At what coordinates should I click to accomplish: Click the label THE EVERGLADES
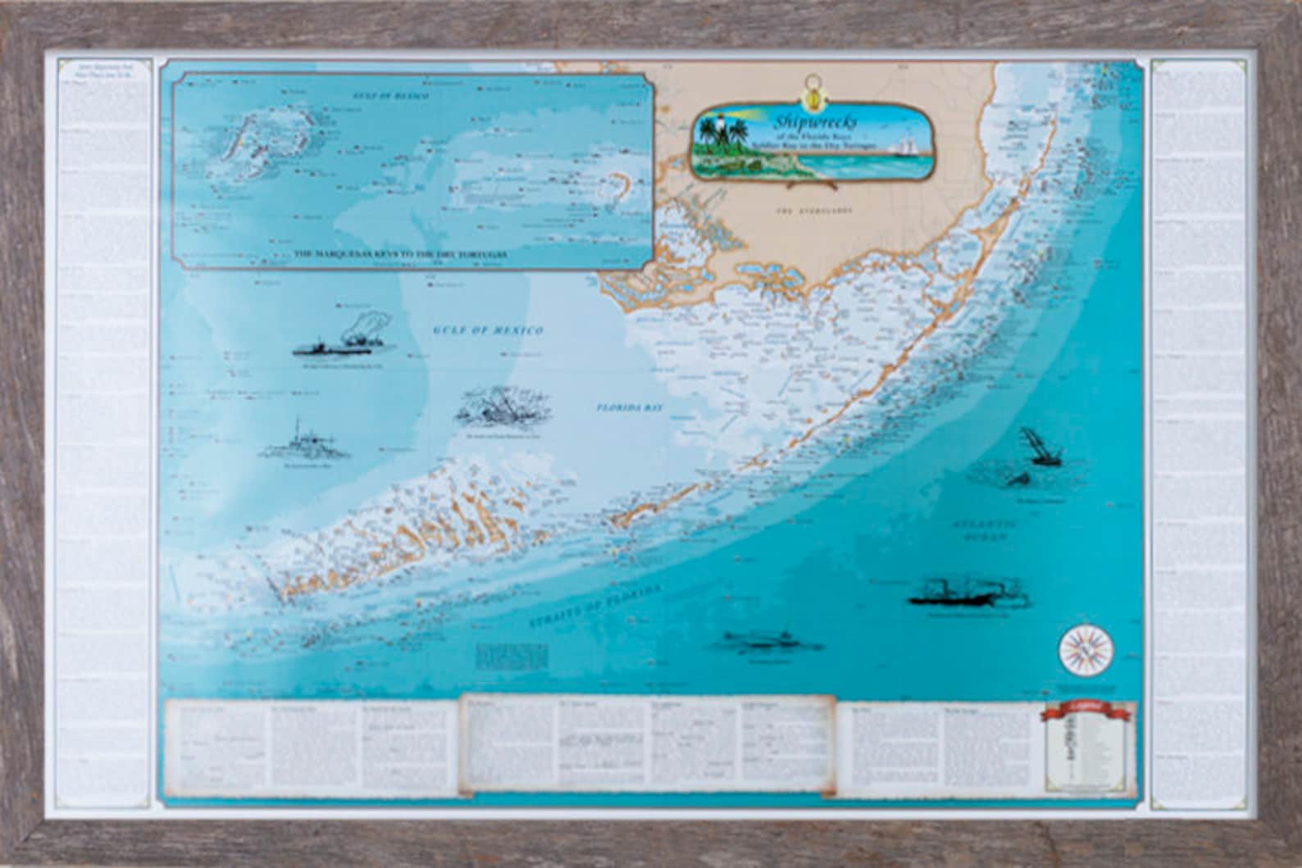pyautogui.click(x=813, y=211)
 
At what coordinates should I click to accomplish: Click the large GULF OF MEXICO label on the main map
pyautogui.click(x=487, y=329)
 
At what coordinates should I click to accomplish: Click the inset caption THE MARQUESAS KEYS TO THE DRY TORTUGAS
pyautogui.click(x=400, y=255)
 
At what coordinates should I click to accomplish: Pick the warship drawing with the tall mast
pyautogui.click(x=305, y=443)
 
